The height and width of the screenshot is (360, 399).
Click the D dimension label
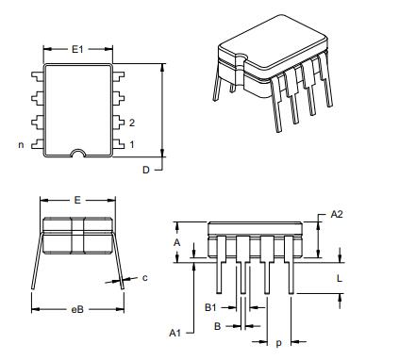pos(146,170)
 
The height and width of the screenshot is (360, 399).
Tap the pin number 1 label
pos(131,144)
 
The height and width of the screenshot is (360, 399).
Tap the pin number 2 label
pos(131,123)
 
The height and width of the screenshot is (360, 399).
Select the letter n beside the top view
pos(21,144)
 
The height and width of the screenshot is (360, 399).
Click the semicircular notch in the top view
pos(79,152)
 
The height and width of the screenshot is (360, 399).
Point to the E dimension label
pos(76,201)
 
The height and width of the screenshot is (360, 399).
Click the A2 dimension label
pos(337,216)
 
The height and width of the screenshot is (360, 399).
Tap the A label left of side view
pos(176,242)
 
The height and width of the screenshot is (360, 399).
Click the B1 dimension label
pos(212,306)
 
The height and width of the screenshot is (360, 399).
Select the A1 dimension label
pos(175,333)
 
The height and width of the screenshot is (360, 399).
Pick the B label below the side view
pos(217,326)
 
